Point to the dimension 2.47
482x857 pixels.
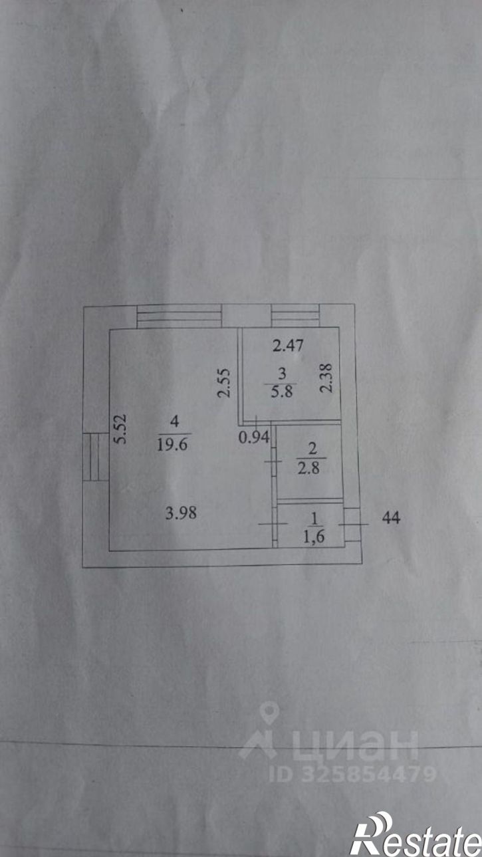287,345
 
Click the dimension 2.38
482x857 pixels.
326,380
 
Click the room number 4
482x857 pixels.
174,420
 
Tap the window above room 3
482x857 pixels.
295,316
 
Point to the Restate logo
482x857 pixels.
416,834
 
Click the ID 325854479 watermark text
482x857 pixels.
352,774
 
